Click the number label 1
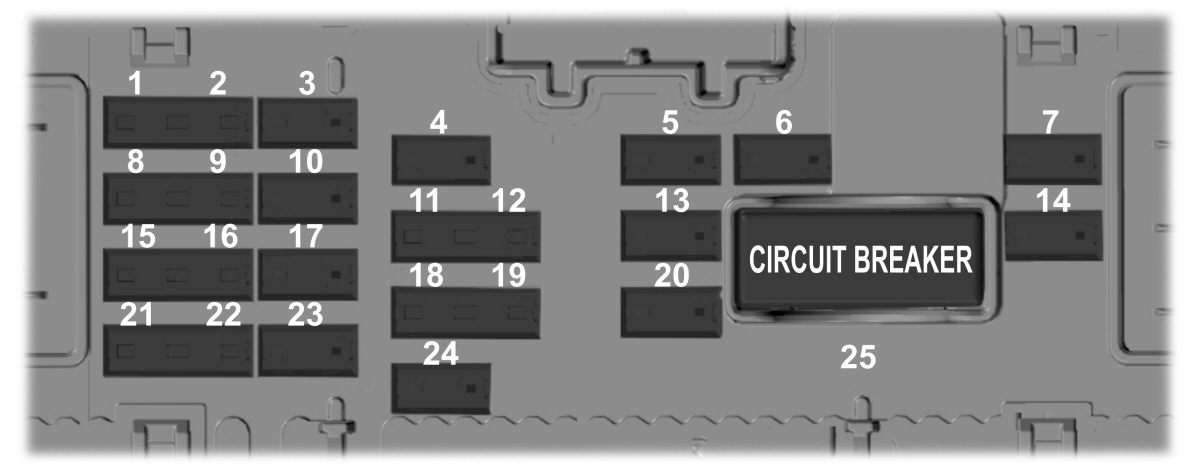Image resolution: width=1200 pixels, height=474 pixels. [x=135, y=84]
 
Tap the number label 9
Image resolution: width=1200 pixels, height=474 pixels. [x=218, y=161]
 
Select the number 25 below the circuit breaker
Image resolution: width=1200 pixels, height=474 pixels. [x=858, y=357]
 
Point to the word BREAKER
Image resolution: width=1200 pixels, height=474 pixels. [x=913, y=260]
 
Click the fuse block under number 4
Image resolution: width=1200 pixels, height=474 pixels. [x=441, y=160]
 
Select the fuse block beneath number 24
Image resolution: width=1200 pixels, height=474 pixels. [x=441, y=388]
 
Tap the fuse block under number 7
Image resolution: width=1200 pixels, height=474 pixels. [x=1053, y=159]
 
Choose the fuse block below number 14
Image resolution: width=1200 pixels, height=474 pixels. [x=1053, y=235]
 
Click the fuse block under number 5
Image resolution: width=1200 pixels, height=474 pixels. [x=671, y=160]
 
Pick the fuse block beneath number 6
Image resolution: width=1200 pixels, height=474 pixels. [x=782, y=159]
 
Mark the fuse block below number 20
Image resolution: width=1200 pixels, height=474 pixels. [x=671, y=312]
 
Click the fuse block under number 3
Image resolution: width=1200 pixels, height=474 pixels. [x=308, y=123]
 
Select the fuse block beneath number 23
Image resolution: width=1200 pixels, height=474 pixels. [x=308, y=350]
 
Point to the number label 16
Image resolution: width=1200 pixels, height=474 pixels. [x=221, y=236]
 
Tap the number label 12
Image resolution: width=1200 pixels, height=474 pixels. [x=509, y=201]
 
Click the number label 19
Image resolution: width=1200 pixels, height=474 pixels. [x=509, y=275]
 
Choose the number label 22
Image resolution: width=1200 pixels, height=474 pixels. [x=223, y=314]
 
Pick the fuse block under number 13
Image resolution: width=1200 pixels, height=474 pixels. [x=671, y=236]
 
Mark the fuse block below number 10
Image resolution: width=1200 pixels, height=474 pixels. [x=308, y=198]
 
